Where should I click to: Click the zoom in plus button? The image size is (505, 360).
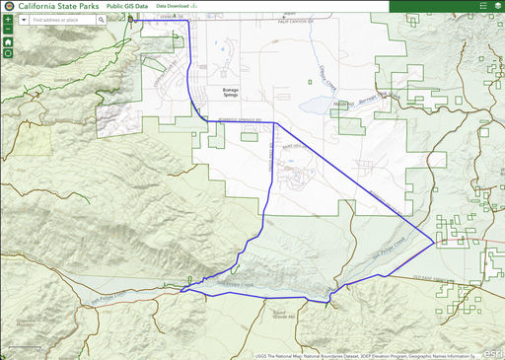pyautogui.click(x=8, y=20)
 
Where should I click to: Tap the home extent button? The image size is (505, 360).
pyautogui.click(x=8, y=42)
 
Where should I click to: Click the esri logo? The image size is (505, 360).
pyautogui.click(x=493, y=352)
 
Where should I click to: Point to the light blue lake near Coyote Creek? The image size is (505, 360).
pyautogui.click(x=318, y=104)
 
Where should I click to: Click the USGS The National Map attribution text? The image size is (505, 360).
pyautogui.click(x=286, y=355)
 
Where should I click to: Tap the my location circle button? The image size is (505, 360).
pyautogui.click(x=8, y=53)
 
